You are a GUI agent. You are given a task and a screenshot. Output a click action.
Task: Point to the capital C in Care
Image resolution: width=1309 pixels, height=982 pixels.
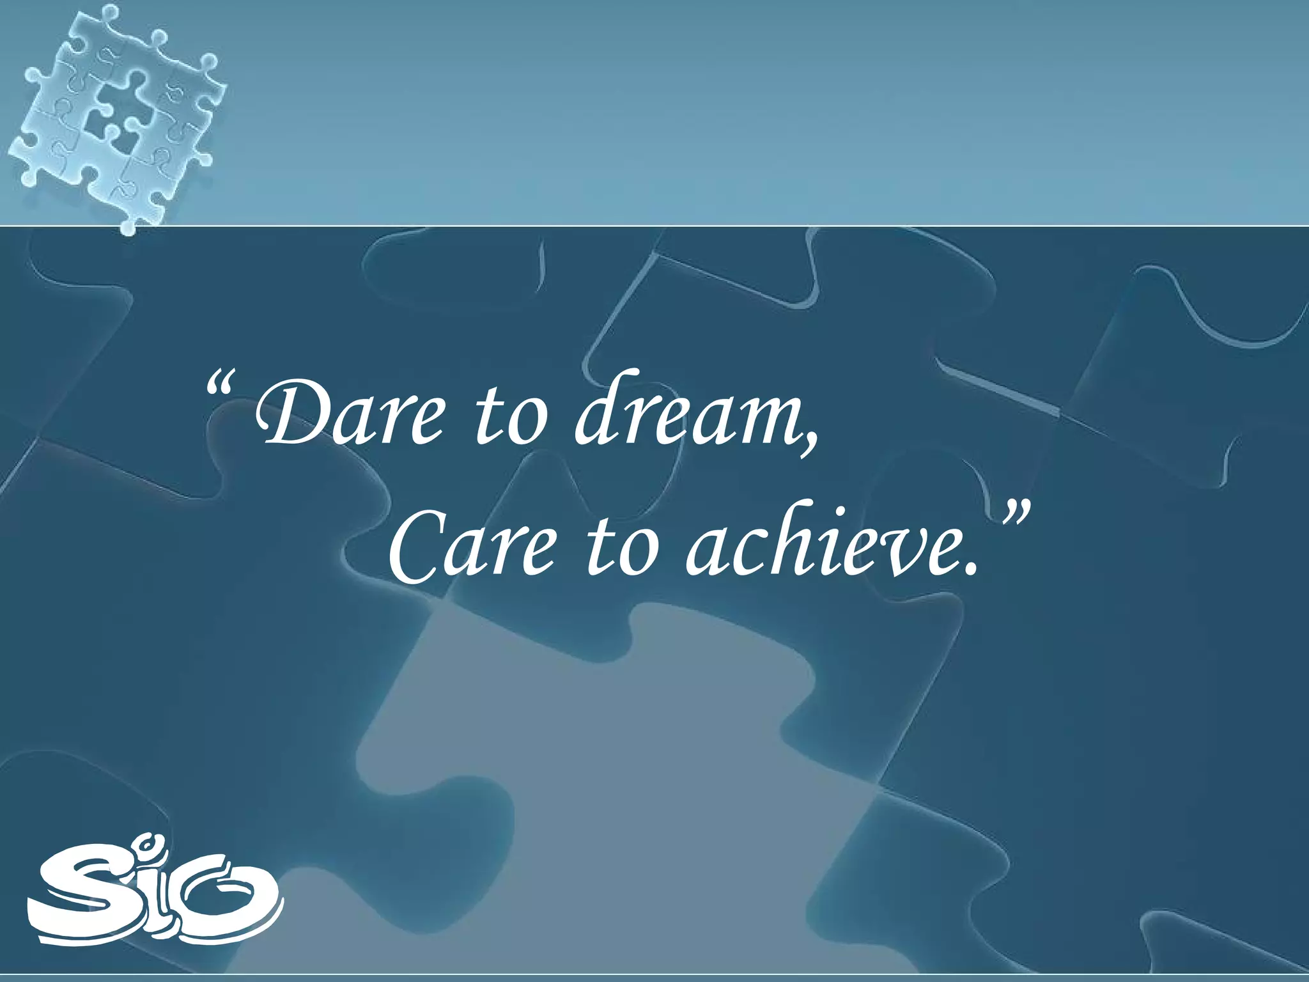pos(413,547)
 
